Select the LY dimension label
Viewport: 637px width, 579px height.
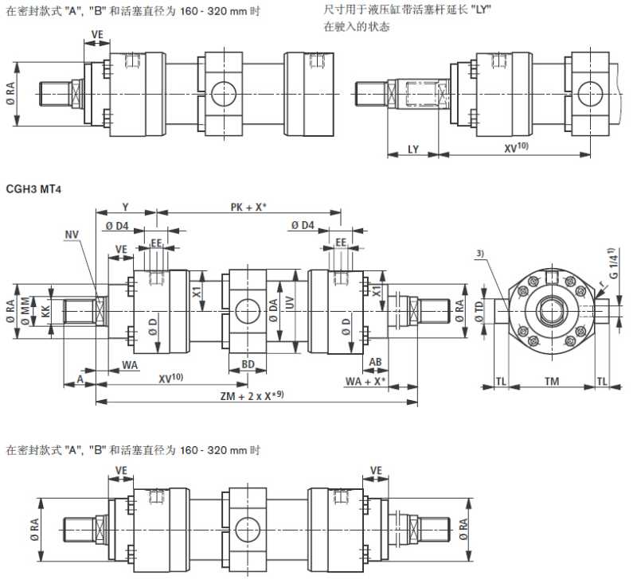click(412, 149)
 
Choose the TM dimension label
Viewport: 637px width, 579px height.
click(550, 382)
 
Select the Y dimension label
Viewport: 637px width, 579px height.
click(125, 208)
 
